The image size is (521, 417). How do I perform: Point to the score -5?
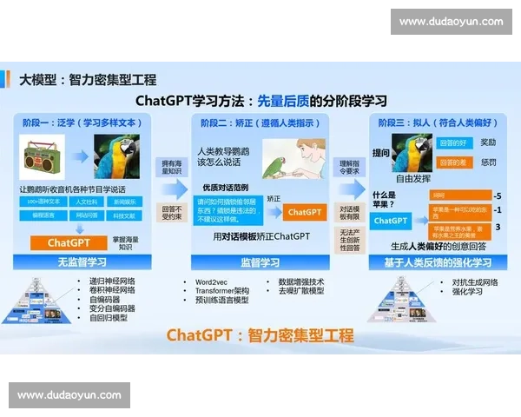click(497, 195)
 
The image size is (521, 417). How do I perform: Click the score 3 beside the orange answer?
click(497, 228)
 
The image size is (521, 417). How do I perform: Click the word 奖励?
click(488, 142)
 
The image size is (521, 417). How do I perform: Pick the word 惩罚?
click(488, 162)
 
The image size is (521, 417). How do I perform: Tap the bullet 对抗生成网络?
click(474, 282)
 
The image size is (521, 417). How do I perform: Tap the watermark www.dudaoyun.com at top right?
click(451, 22)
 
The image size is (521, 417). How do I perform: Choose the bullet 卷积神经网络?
click(112, 291)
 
